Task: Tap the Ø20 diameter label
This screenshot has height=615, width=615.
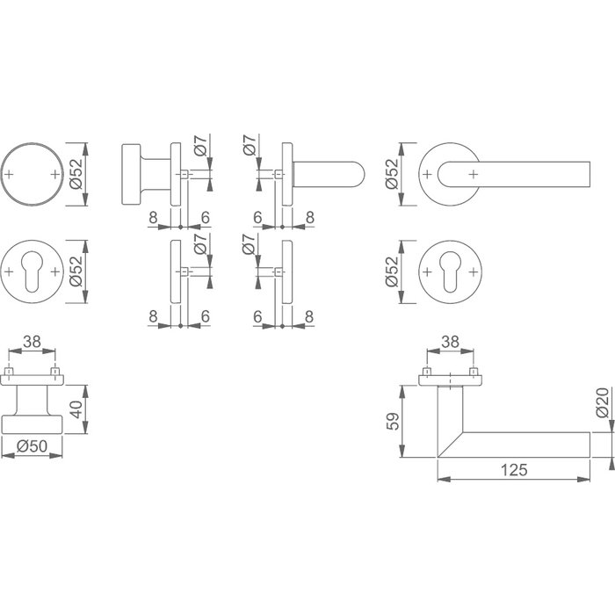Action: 602,402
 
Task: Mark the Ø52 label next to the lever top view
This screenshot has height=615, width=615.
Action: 393,175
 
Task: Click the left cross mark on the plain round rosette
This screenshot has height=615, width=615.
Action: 11,175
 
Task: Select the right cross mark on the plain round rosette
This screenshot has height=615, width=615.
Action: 55,175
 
